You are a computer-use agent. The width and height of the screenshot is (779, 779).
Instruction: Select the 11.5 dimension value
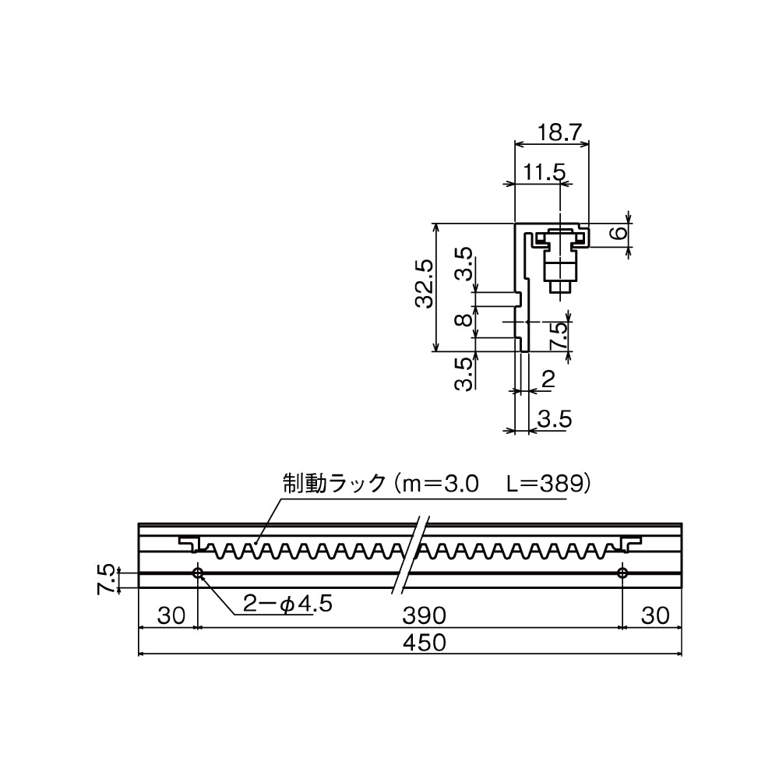pos(544,173)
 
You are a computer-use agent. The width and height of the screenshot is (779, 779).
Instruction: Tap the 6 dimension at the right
pos(615,233)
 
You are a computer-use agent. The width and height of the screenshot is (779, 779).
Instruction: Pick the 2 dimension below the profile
pos(548,379)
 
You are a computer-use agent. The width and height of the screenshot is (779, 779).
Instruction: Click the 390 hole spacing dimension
pos(424,615)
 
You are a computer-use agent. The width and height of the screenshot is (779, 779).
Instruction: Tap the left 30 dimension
pos(171,615)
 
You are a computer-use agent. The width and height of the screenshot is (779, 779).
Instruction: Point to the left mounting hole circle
pos(198,573)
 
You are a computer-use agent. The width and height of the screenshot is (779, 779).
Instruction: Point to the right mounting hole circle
pos(622,573)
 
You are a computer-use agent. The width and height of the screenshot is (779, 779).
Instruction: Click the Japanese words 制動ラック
pos(333,484)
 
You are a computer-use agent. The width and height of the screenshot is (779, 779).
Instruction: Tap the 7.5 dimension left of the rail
pos(107,580)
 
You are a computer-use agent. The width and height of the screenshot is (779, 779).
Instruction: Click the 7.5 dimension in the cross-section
pos(558,337)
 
